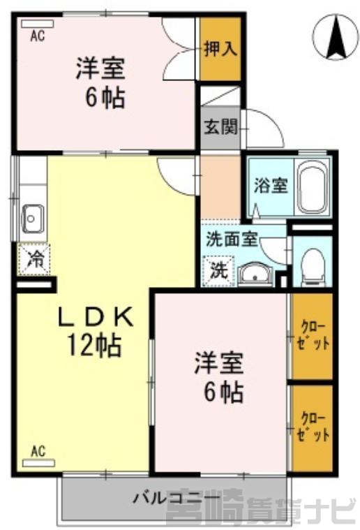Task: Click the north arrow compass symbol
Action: point(335,37)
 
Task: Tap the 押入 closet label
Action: point(220,49)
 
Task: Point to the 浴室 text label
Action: point(271,185)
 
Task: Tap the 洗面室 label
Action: point(232,239)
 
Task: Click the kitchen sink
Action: point(32,219)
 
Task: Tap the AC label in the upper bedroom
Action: point(38,36)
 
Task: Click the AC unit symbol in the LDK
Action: point(38,463)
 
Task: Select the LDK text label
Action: point(96,317)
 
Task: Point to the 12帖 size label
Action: point(95,346)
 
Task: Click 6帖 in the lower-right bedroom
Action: point(224,392)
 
